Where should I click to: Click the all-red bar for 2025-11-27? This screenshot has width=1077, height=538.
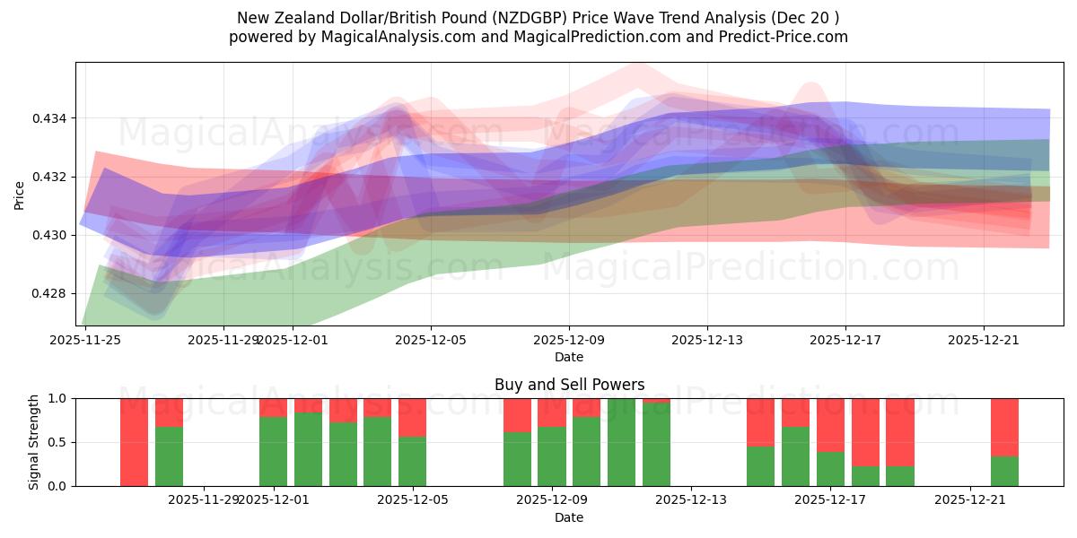(134, 442)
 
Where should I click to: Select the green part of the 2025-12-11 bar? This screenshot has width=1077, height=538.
(621, 442)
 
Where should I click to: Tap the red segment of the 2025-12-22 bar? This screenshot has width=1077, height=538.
(1004, 427)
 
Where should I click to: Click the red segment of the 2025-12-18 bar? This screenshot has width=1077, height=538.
(865, 431)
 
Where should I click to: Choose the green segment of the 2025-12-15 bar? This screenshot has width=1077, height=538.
(760, 466)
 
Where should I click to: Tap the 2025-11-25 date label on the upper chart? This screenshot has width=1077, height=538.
(85, 340)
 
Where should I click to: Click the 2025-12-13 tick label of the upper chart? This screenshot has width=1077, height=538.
(706, 340)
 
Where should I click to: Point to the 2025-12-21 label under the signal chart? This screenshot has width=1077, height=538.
(970, 500)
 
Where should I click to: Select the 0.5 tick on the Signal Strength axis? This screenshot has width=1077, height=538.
(59, 442)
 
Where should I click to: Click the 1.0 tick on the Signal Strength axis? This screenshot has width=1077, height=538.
(59, 398)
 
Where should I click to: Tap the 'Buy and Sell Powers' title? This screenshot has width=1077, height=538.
(569, 385)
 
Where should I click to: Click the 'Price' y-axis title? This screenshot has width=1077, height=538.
(20, 195)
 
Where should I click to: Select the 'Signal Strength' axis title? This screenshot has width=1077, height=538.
(34, 442)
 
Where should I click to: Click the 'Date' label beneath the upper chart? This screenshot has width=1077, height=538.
(569, 357)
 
